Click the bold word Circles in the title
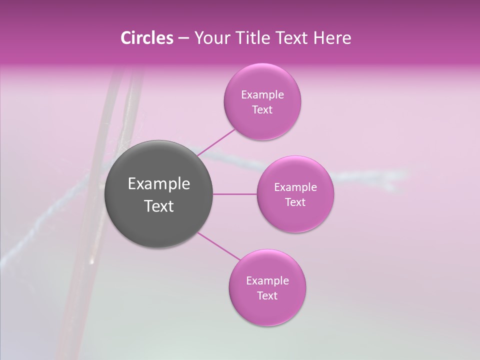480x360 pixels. (x=146, y=38)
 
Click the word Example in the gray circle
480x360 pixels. (x=159, y=184)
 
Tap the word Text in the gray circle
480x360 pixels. (x=159, y=206)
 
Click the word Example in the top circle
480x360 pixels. (x=262, y=95)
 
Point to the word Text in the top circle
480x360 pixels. (x=262, y=110)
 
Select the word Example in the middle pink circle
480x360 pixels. (x=295, y=187)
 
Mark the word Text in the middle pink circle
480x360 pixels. (x=295, y=202)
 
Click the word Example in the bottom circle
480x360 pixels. (x=267, y=281)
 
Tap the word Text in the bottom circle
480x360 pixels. (x=267, y=296)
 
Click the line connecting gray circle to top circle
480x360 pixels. (x=216, y=142)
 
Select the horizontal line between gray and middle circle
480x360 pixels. (x=235, y=194)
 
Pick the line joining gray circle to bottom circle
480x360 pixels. (x=219, y=246)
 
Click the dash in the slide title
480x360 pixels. (x=183, y=38)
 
